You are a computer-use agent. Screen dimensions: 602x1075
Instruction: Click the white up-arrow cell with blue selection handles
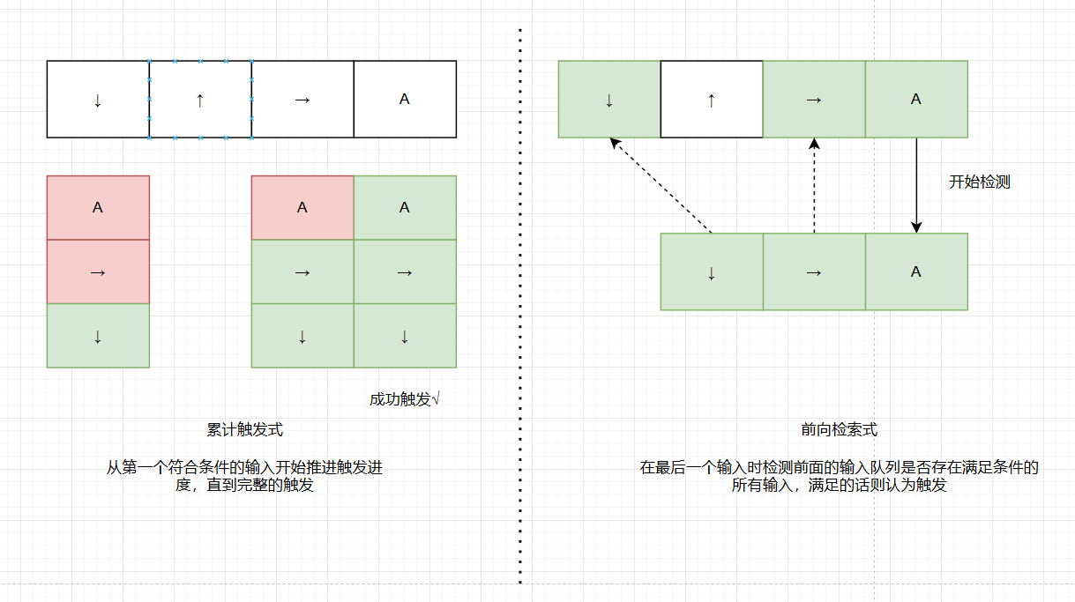pyautogui.click(x=200, y=100)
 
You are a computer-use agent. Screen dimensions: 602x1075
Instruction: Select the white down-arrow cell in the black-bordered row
pyautogui.click(x=98, y=100)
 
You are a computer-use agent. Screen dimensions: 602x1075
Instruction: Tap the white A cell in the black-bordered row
pyautogui.click(x=405, y=100)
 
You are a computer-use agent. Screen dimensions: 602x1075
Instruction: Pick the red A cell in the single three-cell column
pyautogui.click(x=98, y=208)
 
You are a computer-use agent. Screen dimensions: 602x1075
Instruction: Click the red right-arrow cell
pyautogui.click(x=98, y=271)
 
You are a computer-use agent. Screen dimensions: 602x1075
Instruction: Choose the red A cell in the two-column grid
pyautogui.click(x=302, y=208)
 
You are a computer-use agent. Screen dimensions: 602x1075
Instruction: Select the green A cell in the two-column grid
pyautogui.click(x=405, y=208)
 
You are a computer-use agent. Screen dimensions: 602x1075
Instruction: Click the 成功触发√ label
pyautogui.click(x=404, y=399)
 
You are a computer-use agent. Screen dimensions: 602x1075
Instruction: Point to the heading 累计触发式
pyautogui.click(x=244, y=430)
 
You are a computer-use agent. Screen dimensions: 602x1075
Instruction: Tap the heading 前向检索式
pyautogui.click(x=839, y=430)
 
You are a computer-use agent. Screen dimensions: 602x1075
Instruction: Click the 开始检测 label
pyautogui.click(x=979, y=182)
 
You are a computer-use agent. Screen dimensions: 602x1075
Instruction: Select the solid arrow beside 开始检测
pyautogui.click(x=916, y=185)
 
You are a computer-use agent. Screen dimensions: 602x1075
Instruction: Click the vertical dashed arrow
pyautogui.click(x=814, y=185)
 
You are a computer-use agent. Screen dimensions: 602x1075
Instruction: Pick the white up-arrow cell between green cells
pyautogui.click(x=712, y=100)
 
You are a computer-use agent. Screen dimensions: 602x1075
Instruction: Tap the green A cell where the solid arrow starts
pyautogui.click(x=916, y=100)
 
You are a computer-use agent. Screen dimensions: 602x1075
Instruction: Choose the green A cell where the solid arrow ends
pyautogui.click(x=916, y=272)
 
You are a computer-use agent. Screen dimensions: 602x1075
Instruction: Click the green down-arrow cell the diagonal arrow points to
pyautogui.click(x=609, y=100)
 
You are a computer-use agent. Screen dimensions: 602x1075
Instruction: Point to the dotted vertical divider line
pyautogui.click(x=520, y=308)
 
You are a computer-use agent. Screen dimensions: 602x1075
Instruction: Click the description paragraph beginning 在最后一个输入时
pyautogui.click(x=839, y=476)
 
